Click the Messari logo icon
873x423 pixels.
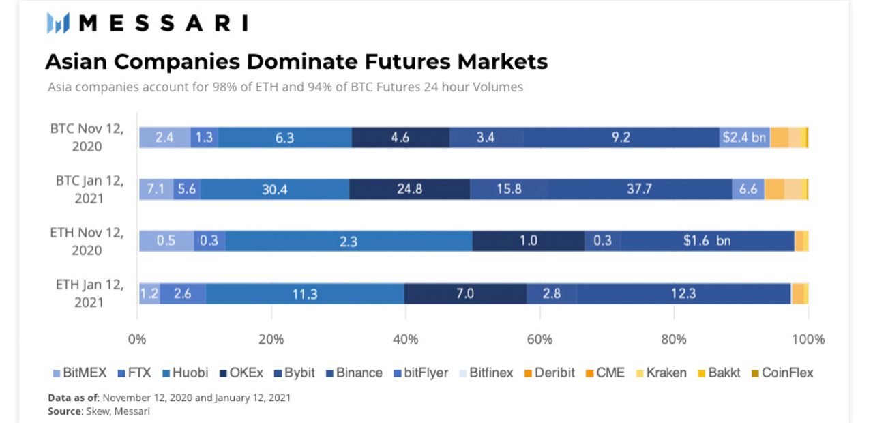(x=58, y=23)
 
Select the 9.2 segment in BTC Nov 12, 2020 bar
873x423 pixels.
(x=621, y=137)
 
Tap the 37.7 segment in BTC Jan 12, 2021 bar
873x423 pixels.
(x=639, y=189)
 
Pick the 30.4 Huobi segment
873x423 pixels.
(x=274, y=189)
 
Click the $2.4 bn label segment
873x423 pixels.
(x=744, y=137)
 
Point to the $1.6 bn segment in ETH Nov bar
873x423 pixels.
(x=707, y=241)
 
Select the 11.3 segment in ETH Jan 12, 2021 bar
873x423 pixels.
(x=304, y=293)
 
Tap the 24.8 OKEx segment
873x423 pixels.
(x=410, y=189)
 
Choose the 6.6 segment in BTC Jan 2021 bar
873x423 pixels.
(x=748, y=189)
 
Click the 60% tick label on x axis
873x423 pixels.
(x=539, y=339)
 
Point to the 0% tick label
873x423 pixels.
(x=138, y=339)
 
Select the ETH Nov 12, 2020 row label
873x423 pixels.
(x=87, y=241)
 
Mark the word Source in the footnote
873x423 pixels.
(x=63, y=411)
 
